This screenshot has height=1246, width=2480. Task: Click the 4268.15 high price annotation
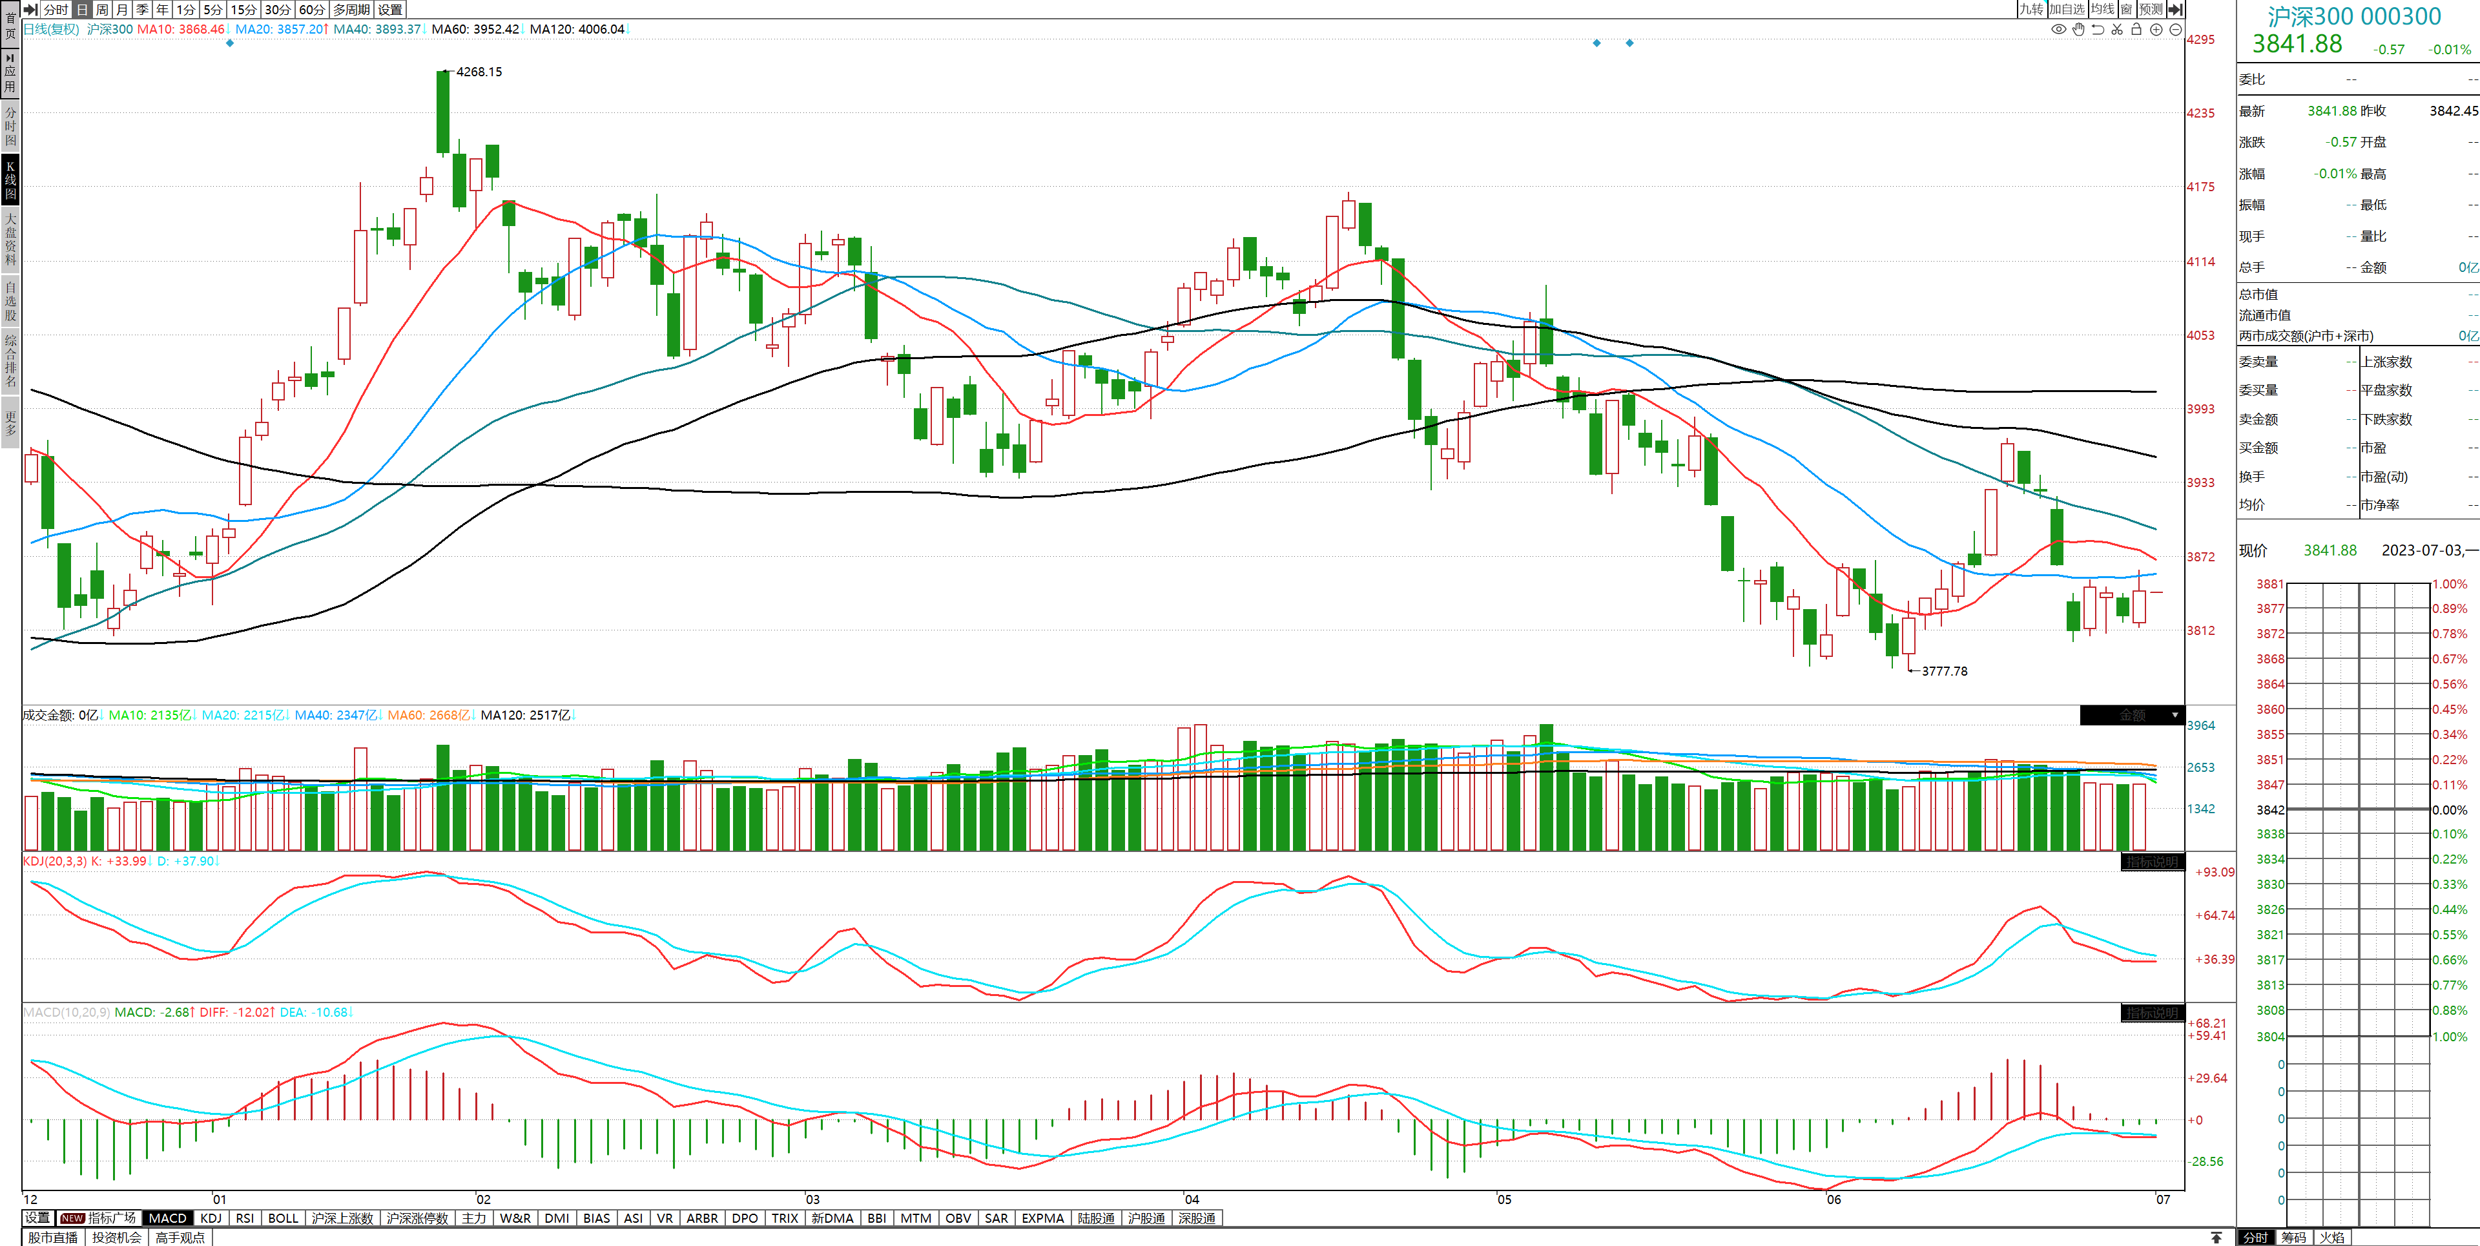pyautogui.click(x=479, y=71)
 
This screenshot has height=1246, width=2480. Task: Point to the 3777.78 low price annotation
pyautogui.click(x=1944, y=671)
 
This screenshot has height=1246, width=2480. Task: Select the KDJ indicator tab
pyautogui.click(x=211, y=1218)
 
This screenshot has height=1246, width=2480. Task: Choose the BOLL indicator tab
pyautogui.click(x=283, y=1218)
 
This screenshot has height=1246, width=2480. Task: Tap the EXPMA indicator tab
pyautogui.click(x=1042, y=1218)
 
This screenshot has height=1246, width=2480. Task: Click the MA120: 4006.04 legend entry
pyautogui.click(x=577, y=29)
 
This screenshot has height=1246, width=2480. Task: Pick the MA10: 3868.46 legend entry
pyautogui.click(x=180, y=29)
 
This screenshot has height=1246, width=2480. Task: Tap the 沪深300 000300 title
pyautogui.click(x=2354, y=16)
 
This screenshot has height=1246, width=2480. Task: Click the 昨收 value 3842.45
pyautogui.click(x=2453, y=110)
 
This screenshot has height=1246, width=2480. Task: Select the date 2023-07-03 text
pyautogui.click(x=2421, y=550)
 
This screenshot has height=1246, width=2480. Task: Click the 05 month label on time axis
pyautogui.click(x=1503, y=1199)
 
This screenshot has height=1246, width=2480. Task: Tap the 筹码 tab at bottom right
pyautogui.click(x=2293, y=1238)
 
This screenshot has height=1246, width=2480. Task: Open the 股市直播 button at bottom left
pyautogui.click(x=53, y=1238)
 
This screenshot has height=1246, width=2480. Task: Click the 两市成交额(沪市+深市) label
pyautogui.click(x=2305, y=336)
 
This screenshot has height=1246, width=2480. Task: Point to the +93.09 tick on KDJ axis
pyautogui.click(x=2215, y=873)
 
